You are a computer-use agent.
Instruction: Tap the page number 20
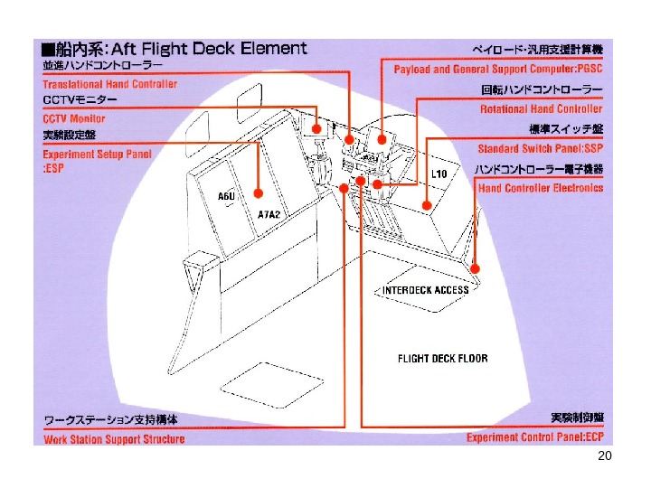[605, 457]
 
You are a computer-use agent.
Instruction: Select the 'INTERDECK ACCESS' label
[426, 290]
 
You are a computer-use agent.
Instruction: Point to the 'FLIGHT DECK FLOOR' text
[442, 359]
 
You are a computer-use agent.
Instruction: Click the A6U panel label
[226, 196]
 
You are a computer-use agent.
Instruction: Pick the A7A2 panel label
[269, 215]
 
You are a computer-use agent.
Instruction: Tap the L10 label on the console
[440, 174]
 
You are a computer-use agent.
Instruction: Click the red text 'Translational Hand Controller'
[110, 84]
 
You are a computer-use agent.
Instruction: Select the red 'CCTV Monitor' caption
[74, 118]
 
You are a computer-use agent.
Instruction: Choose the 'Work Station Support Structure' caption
[115, 439]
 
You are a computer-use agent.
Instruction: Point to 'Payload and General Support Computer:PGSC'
[498, 70]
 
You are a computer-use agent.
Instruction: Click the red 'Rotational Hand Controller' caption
[541, 108]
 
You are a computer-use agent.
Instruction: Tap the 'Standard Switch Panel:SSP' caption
[540, 147]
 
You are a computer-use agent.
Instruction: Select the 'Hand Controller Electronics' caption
[541, 188]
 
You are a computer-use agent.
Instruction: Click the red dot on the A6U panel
[259, 192]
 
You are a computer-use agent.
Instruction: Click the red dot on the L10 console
[427, 206]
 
